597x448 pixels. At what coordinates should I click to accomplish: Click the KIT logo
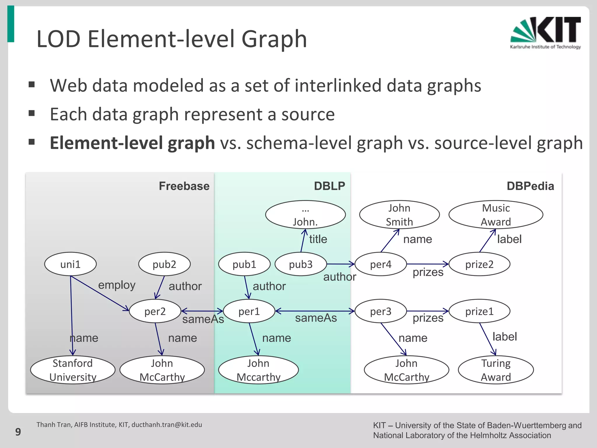point(545,33)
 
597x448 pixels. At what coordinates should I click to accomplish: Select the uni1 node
point(70,264)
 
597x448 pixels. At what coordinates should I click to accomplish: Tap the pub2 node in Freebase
point(164,264)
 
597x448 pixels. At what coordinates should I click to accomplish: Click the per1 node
point(249,311)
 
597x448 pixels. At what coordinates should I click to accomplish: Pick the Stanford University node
point(73,370)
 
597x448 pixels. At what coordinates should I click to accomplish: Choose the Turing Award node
point(496,370)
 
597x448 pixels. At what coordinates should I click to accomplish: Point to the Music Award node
point(496,215)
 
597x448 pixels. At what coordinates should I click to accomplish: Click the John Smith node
point(399,215)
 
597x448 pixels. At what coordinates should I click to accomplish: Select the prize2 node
point(479,264)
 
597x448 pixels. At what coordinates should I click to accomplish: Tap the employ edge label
point(117,285)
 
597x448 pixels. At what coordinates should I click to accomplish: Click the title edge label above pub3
point(318,239)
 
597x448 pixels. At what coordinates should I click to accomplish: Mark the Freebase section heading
point(184,186)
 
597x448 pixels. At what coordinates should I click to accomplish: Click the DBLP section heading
point(329,186)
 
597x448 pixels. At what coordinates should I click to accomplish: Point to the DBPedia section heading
point(530,186)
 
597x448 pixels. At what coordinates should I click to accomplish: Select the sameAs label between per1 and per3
point(316,318)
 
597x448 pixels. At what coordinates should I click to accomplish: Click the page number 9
point(18,432)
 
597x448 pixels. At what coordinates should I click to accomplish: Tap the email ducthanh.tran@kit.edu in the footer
point(166,425)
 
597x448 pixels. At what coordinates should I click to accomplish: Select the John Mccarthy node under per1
point(258,370)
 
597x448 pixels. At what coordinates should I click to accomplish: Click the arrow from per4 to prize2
point(427,264)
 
